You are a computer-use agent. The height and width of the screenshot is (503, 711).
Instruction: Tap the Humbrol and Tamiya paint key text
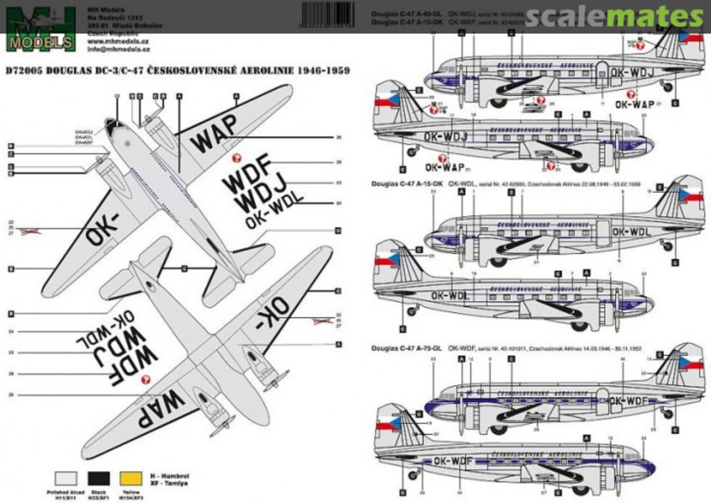point(166,477)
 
